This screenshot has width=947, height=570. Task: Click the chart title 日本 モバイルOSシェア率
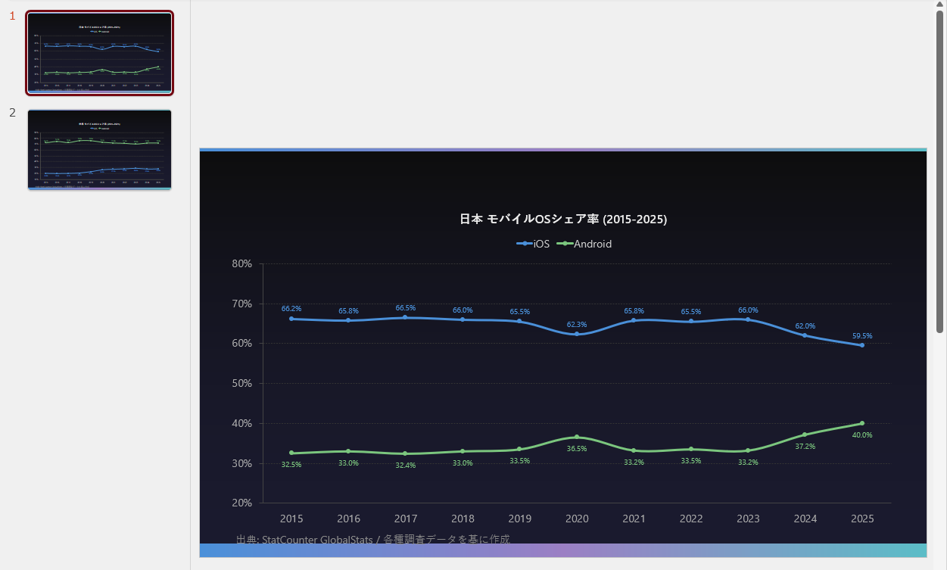click(x=563, y=220)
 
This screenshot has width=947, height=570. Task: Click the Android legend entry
click(x=584, y=244)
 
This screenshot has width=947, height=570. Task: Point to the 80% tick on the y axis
click(x=241, y=263)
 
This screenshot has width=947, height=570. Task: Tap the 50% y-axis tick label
click(x=241, y=383)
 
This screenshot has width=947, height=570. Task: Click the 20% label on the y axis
click(x=241, y=503)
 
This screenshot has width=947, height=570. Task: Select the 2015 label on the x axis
click(x=291, y=519)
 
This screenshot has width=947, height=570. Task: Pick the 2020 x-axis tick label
click(x=577, y=519)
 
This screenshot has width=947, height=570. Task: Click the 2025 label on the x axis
click(x=862, y=519)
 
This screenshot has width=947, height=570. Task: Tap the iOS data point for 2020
click(x=577, y=334)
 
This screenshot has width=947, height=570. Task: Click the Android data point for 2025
click(x=862, y=423)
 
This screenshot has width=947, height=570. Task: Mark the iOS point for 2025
click(x=862, y=345)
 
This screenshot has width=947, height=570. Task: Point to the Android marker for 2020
click(x=577, y=437)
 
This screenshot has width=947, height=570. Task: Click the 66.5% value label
click(x=406, y=308)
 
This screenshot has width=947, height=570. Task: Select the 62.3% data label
click(x=577, y=325)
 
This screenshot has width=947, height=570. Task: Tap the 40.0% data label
click(x=862, y=435)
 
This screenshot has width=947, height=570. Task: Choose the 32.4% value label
click(x=406, y=466)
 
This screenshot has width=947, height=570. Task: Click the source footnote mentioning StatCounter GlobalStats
click(x=373, y=539)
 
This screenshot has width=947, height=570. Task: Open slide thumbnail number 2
click(x=100, y=150)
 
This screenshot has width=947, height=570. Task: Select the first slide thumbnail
click(x=100, y=52)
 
